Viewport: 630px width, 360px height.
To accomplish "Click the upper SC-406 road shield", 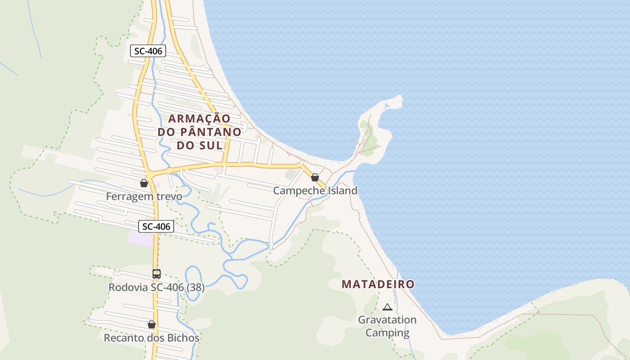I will point(148,51).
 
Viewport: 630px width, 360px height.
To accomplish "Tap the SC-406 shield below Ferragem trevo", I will point(156,226).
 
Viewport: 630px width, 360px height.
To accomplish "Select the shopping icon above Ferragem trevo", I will point(144,183).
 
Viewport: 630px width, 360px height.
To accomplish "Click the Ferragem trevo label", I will point(144,197).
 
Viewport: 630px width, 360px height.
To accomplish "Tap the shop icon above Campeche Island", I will point(315,177).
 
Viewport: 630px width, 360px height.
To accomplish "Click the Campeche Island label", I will point(315,190).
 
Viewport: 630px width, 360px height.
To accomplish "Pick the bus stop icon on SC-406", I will point(156,274).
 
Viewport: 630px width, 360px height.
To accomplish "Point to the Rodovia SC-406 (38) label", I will point(156,287).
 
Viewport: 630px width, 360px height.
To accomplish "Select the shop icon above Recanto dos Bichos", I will point(152,324).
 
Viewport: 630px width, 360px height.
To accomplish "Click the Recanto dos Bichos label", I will point(152,337).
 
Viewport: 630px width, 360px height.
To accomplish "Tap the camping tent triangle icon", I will point(387,307).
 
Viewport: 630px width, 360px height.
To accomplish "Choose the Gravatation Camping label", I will point(387,326).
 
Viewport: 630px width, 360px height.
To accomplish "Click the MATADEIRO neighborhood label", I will point(378,284).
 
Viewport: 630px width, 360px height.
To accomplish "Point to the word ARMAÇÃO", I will point(199,118).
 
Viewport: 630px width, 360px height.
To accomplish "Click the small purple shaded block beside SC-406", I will point(140,238).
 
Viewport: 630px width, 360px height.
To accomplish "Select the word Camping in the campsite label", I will point(387,333).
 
